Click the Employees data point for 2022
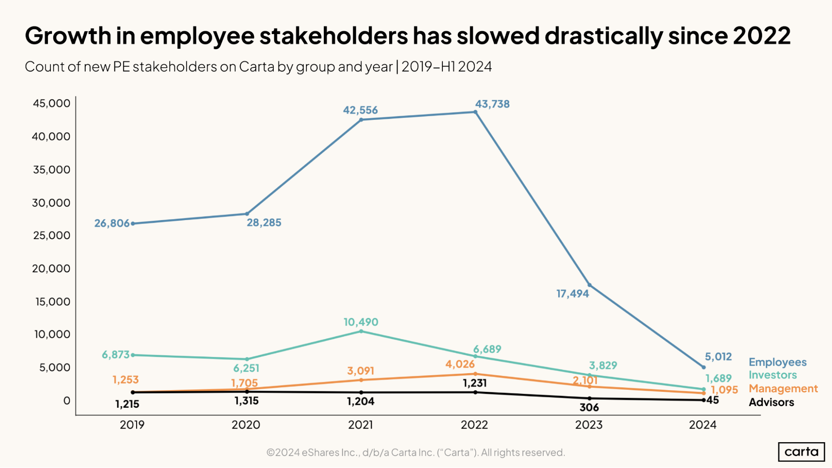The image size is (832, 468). click(x=475, y=112)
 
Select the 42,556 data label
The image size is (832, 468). click(x=360, y=110)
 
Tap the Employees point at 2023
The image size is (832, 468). click(x=589, y=285)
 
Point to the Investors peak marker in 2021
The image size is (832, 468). click(x=361, y=331)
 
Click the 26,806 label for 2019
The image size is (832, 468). click(x=112, y=223)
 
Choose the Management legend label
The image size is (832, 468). click(x=783, y=389)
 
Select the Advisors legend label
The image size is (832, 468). click(x=771, y=402)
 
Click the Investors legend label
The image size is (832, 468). click(x=772, y=375)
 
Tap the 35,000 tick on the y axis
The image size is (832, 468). click(x=52, y=170)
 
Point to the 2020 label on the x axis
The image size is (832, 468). click(x=246, y=425)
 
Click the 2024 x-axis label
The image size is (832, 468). click(x=703, y=425)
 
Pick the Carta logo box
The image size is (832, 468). click(x=801, y=452)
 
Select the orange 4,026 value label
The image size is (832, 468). click(x=460, y=364)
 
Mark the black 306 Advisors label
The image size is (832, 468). click(x=589, y=408)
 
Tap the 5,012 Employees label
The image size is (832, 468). click(x=718, y=357)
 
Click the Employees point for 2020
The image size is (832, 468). click(x=247, y=214)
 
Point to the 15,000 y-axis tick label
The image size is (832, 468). click(x=52, y=302)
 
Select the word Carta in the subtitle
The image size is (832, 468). click(x=257, y=67)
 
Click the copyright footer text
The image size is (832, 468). click(x=415, y=452)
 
